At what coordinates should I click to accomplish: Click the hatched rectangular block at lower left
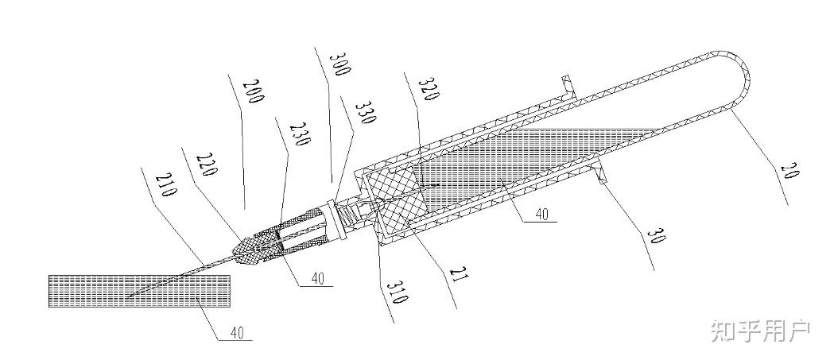[x=139, y=291]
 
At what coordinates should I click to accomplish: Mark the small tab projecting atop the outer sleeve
[x=566, y=83]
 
